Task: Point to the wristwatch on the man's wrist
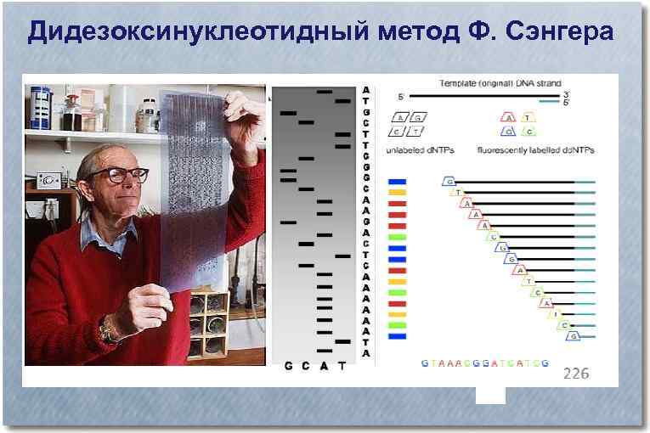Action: click(x=107, y=331)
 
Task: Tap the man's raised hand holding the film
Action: click(x=242, y=119)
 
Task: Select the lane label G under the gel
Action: click(x=289, y=367)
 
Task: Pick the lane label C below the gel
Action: click(x=307, y=367)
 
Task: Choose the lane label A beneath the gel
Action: click(x=325, y=367)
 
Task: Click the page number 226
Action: click(x=576, y=373)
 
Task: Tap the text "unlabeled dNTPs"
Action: click(x=420, y=150)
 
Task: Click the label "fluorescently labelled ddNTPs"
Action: click(x=535, y=150)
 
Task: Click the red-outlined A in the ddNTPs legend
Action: click(x=508, y=118)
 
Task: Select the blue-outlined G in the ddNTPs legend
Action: click(x=507, y=132)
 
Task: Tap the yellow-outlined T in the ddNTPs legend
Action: click(x=528, y=118)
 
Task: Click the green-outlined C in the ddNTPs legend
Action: click(x=528, y=132)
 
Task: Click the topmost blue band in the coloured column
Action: click(x=397, y=182)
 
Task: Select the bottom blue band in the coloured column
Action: click(x=397, y=337)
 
